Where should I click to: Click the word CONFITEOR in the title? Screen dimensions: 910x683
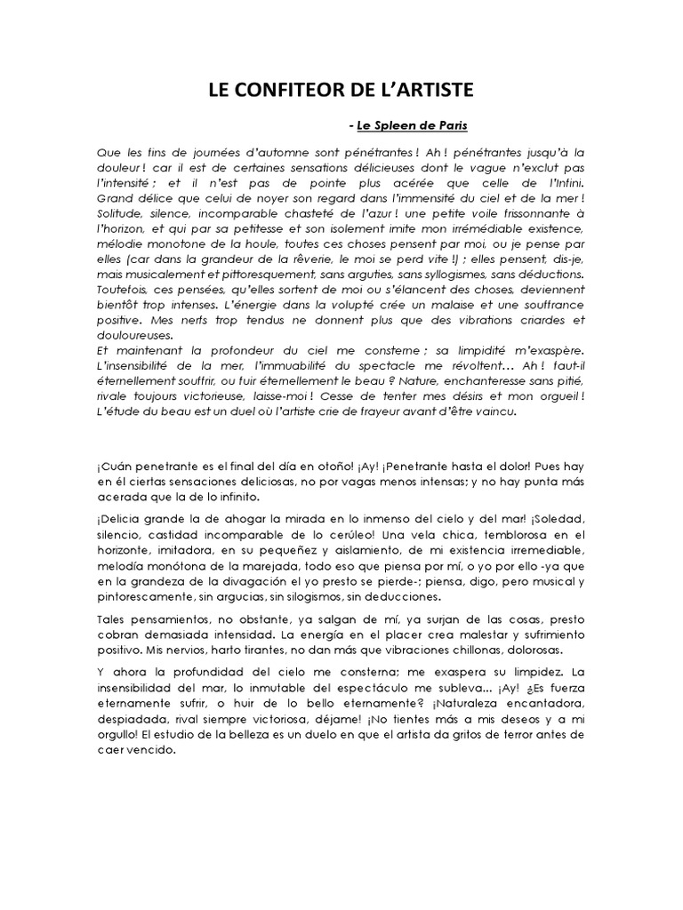click(286, 90)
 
